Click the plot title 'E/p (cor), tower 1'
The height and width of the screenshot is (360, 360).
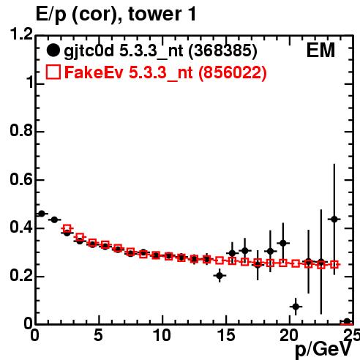point(116,15)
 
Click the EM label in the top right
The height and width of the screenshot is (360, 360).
point(320,50)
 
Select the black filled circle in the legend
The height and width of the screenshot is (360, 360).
point(53,50)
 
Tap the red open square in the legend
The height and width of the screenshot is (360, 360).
point(53,72)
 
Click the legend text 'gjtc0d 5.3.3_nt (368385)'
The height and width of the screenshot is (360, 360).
point(160,51)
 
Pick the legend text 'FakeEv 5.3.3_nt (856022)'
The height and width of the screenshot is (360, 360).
point(165,72)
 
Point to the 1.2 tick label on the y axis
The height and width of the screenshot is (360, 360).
point(21,34)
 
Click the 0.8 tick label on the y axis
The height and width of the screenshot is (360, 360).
point(21,131)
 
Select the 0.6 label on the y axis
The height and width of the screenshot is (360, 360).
point(21,179)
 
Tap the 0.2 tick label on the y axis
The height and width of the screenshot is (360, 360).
point(21,276)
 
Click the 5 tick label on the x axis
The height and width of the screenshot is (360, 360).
point(98,335)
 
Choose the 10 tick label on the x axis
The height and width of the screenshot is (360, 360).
point(162,335)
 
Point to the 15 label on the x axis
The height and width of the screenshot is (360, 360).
point(226,335)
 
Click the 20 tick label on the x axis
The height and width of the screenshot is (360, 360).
point(290,335)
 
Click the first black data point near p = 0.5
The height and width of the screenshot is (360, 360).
point(42,214)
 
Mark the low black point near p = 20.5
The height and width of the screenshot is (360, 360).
point(296,307)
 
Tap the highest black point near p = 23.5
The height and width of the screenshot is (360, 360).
point(334,220)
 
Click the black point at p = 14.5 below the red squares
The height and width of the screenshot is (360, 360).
point(220,276)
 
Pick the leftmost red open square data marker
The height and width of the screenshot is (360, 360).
point(67,228)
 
